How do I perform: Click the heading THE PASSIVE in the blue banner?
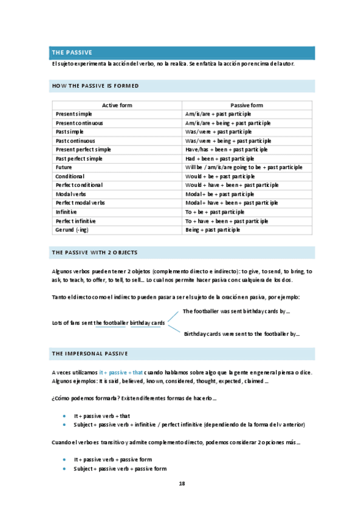(72, 53)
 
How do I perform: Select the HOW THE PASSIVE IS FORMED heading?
(95, 86)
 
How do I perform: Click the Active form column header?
(117, 105)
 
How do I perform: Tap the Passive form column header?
(247, 105)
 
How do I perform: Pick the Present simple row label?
(74, 114)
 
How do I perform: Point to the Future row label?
(64, 167)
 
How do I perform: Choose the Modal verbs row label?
(71, 193)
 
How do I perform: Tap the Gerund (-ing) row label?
(72, 229)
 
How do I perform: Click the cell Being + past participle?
(213, 229)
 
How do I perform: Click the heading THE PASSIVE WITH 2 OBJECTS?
(95, 252)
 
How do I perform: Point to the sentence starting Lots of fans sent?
(109, 323)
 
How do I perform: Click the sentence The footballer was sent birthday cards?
(236, 312)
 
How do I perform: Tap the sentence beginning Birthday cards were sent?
(241, 334)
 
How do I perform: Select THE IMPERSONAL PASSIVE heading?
(90, 353)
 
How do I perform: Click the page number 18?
(182, 483)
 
